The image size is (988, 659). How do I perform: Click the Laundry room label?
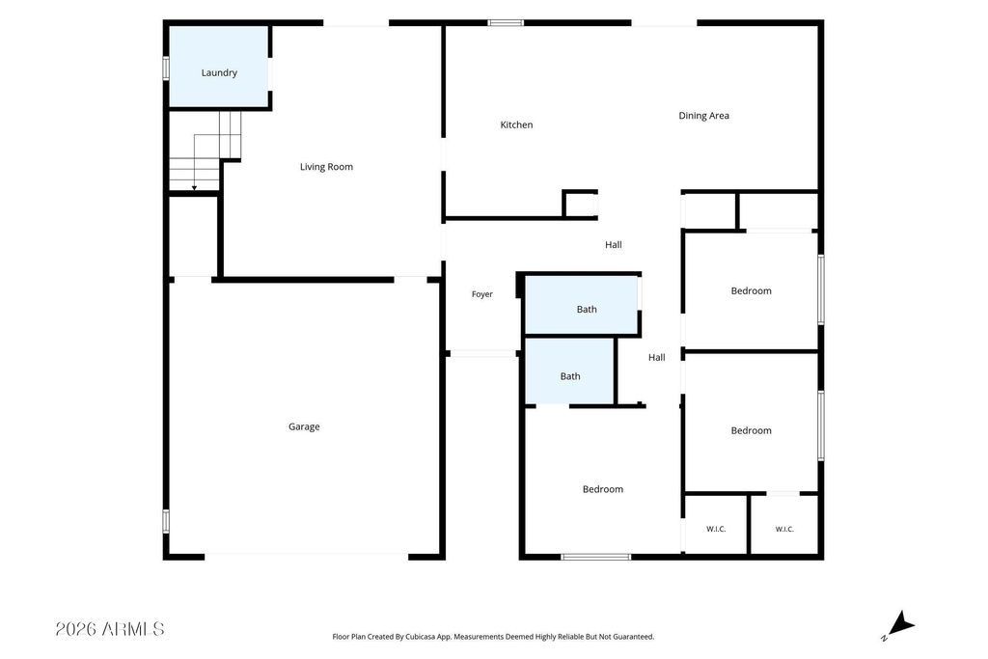coord(219,73)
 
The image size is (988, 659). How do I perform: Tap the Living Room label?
coord(326,167)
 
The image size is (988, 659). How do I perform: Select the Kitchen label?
coord(517,124)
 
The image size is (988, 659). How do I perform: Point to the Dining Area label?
coord(703,116)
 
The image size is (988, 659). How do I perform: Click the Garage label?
coord(304,427)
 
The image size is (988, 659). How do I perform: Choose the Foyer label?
coord(482,294)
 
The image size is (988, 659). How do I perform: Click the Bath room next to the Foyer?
coord(587,310)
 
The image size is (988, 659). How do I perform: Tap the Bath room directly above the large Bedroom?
coord(570,376)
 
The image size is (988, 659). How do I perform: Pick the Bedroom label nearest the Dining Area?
coord(751,291)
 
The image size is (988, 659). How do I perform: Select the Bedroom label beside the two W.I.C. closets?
coord(751,431)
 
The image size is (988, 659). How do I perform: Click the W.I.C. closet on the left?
coord(716,525)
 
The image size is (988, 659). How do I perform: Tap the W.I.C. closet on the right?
coord(784,525)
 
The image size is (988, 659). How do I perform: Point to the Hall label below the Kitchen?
coord(614,245)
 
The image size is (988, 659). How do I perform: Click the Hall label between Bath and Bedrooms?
coord(656,358)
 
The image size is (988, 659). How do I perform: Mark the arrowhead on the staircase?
coord(194,188)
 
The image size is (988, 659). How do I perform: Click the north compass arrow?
coord(900,623)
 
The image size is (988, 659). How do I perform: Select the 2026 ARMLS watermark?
coord(110,629)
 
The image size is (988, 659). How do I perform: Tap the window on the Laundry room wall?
coord(166,69)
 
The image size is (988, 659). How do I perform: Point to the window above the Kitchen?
coord(506,23)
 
